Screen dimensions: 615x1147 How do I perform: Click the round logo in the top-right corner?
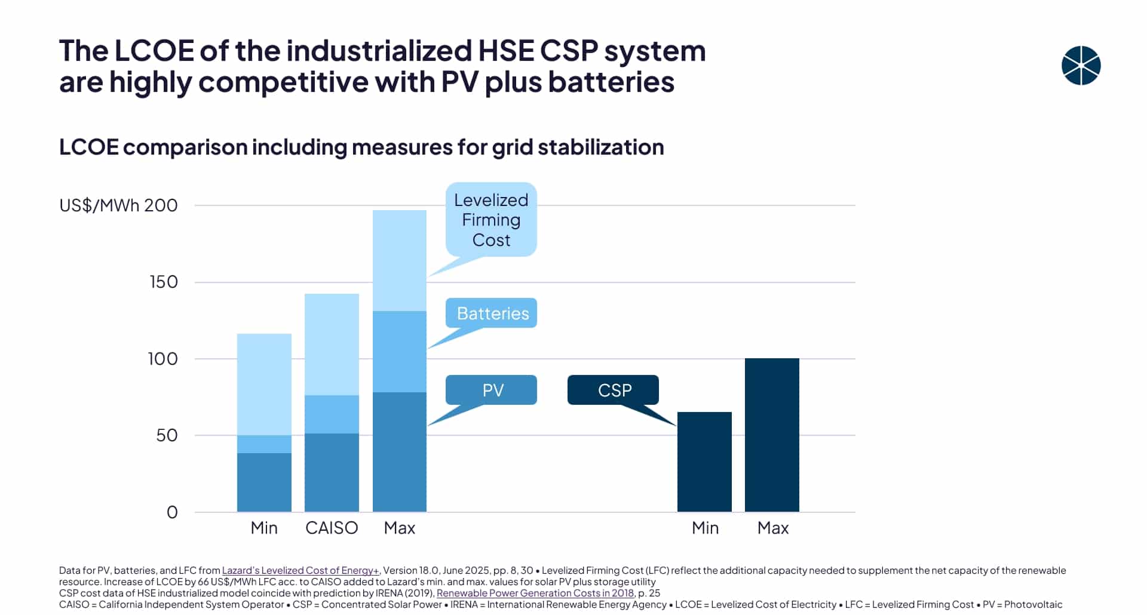click(x=1081, y=66)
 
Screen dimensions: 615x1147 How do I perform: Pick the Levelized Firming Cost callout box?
click(x=491, y=220)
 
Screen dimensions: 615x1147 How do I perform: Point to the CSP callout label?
click(x=614, y=390)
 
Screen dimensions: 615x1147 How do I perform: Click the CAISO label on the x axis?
click(x=332, y=528)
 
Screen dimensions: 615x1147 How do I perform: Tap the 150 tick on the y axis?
click(x=164, y=282)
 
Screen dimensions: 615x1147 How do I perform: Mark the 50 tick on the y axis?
click(x=167, y=435)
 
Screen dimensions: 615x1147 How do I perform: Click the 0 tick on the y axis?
click(x=172, y=512)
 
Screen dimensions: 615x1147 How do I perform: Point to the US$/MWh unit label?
click(x=99, y=205)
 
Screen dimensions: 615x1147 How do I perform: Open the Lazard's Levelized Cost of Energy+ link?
click(x=300, y=570)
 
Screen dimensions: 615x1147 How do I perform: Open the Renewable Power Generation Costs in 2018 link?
click(x=535, y=593)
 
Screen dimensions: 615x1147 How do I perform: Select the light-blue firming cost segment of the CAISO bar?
click(x=332, y=344)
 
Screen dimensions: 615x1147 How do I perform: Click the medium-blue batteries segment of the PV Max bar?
click(x=399, y=351)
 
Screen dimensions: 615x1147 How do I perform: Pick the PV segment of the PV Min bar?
click(x=264, y=482)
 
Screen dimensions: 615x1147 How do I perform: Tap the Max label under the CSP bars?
click(x=772, y=528)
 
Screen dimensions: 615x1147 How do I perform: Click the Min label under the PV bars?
click(x=264, y=528)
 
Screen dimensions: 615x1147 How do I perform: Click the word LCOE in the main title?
click(x=154, y=51)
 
